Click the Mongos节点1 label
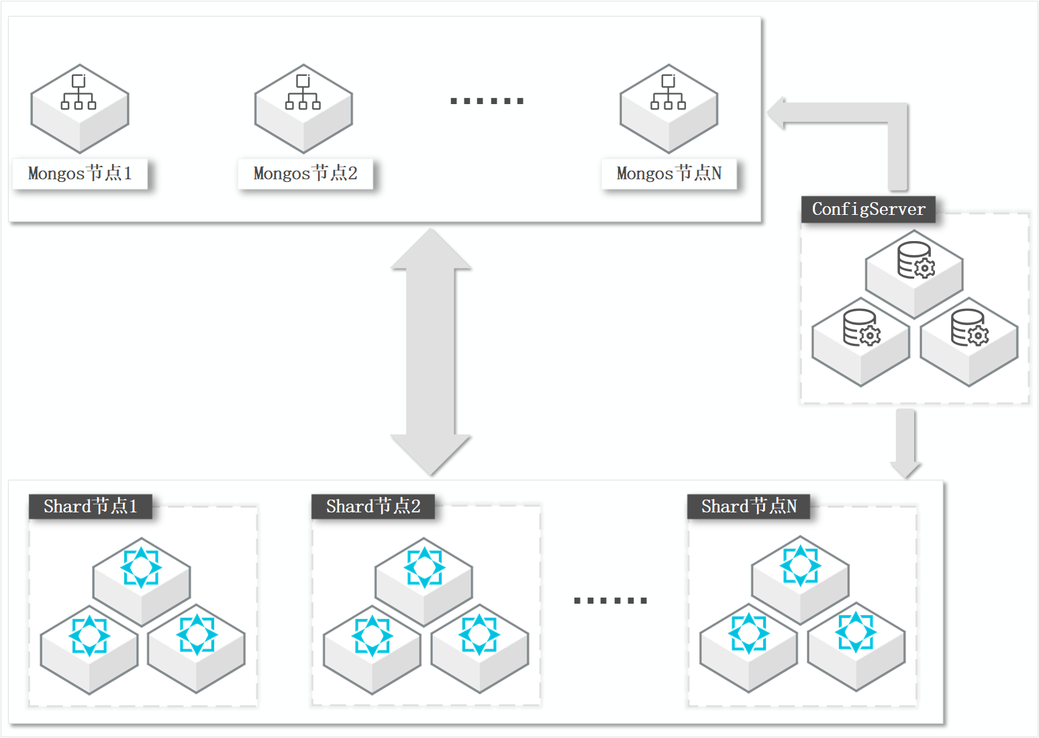(80, 174)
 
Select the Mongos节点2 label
(305, 174)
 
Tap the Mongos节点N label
(669, 174)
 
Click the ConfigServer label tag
(869, 210)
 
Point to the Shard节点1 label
(91, 506)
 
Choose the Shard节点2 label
(373, 506)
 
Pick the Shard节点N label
(748, 506)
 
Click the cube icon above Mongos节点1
(80, 109)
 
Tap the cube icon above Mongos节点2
(303, 109)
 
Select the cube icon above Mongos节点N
(669, 109)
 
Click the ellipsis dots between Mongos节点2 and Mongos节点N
(487, 101)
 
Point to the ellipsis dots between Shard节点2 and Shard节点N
(610, 600)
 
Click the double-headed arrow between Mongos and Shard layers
(430, 351)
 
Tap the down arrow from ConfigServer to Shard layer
(905, 443)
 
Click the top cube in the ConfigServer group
(914, 274)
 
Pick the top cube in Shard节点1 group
(142, 582)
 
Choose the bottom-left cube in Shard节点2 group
(372, 650)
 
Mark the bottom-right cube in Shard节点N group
(856, 647)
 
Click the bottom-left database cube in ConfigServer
(861, 342)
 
